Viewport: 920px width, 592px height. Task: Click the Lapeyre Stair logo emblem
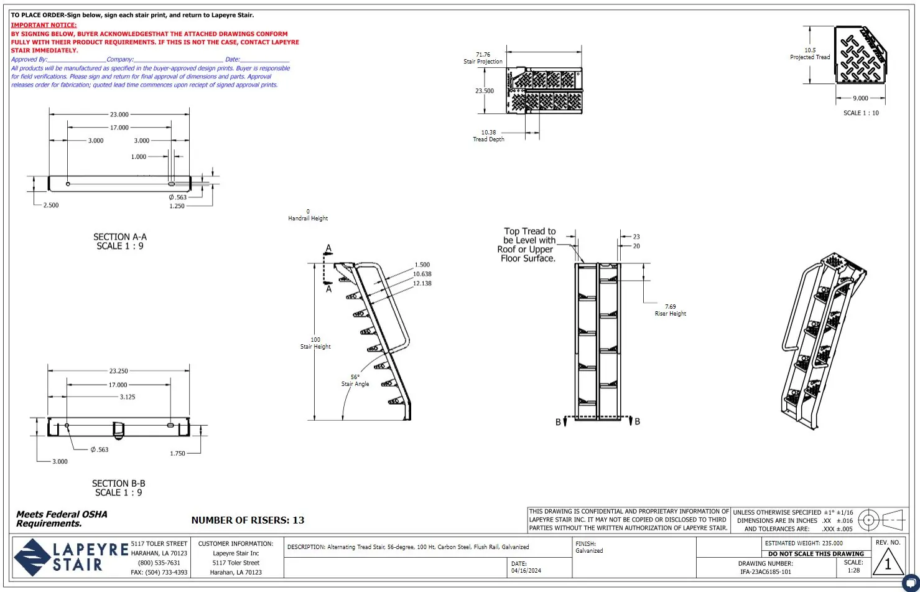pyautogui.click(x=32, y=557)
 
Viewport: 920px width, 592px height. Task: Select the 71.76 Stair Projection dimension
pyautogui.click(x=483, y=58)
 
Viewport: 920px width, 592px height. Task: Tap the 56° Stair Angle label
pyautogui.click(x=355, y=380)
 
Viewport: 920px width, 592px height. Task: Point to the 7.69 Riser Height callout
pyautogui.click(x=670, y=310)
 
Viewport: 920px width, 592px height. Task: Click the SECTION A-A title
pyautogui.click(x=120, y=242)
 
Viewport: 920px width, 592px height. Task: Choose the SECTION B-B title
pyautogui.click(x=118, y=488)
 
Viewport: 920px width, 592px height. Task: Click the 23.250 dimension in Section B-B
pyautogui.click(x=118, y=371)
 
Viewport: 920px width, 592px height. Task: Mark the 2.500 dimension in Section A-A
pyautogui.click(x=51, y=205)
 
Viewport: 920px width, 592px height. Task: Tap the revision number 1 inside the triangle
pyautogui.click(x=888, y=564)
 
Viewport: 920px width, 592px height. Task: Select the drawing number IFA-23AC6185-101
pyautogui.click(x=766, y=571)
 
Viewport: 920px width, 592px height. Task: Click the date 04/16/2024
pyautogui.click(x=526, y=571)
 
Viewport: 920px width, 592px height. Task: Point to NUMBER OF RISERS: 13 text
pyautogui.click(x=248, y=520)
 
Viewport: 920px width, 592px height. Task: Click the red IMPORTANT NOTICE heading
pyautogui.click(x=44, y=26)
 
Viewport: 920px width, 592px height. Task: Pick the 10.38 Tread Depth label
pyautogui.click(x=488, y=136)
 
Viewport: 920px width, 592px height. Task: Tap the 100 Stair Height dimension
pyautogui.click(x=315, y=343)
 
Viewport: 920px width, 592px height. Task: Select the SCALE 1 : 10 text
pyautogui.click(x=861, y=113)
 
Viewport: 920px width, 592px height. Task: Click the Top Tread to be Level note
pyautogui.click(x=528, y=245)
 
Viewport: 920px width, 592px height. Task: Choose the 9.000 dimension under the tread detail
pyautogui.click(x=860, y=98)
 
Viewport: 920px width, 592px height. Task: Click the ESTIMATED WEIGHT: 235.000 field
pyautogui.click(x=804, y=543)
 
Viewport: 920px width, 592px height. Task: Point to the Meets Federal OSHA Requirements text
pyautogui.click(x=62, y=519)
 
